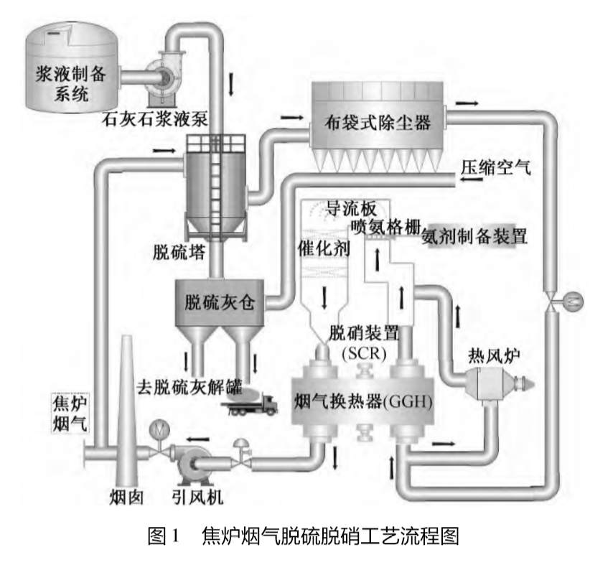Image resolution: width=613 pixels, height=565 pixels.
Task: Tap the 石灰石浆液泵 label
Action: [155, 119]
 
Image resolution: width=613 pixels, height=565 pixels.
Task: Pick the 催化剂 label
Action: [323, 248]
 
